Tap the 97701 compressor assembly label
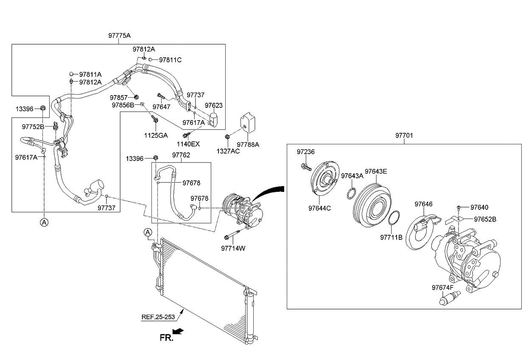click(404, 135)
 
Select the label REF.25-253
click(158, 316)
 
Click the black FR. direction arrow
click(179, 331)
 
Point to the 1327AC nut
click(228, 137)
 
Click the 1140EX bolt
click(185, 135)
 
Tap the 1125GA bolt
click(155, 121)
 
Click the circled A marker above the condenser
click(148, 232)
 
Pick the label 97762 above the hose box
click(181, 155)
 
